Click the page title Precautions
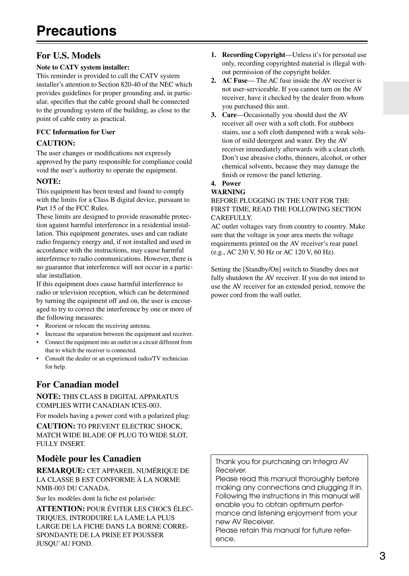pos(76,31)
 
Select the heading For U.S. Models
pos(68,55)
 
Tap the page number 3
pos(382,556)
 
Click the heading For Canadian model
pos(78,384)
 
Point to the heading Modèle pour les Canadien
pos(89,458)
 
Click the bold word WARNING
pos(228,192)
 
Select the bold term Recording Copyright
pos(253,55)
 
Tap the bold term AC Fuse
pos(235,81)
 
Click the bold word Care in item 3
pos(229,115)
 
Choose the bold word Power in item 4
pos(231,183)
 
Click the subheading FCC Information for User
pos(76,132)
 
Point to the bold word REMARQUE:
pos(61,471)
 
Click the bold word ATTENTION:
pos(61,509)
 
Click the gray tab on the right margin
pos(396,98)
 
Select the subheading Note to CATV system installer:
pos(83,67)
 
